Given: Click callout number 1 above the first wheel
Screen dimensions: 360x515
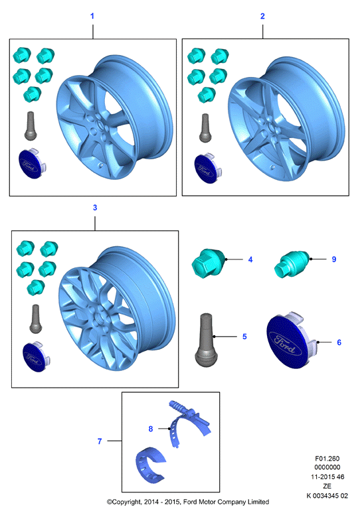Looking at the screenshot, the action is point(92,16).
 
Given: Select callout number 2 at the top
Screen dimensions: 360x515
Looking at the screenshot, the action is point(262,16).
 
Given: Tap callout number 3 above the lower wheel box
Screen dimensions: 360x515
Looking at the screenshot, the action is point(95,208).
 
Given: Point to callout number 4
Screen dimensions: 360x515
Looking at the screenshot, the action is point(250,259).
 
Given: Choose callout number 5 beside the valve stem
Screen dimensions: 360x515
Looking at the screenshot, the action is point(244,336).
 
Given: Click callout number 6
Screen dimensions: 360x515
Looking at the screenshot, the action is point(339,342).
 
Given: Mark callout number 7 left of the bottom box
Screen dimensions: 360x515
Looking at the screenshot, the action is point(100,441).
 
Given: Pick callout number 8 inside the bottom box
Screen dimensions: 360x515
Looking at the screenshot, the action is point(151,429).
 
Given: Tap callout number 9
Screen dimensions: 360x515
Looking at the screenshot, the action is point(334,259).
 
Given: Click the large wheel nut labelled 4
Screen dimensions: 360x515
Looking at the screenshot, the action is point(209,261).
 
